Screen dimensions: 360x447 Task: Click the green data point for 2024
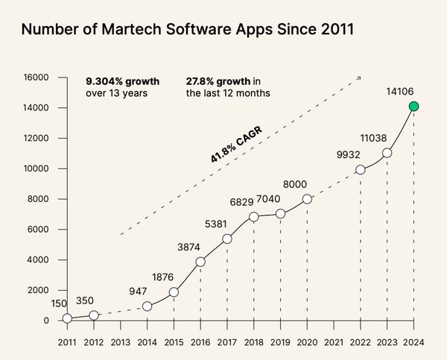tap(413, 107)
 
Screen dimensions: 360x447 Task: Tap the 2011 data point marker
tap(67, 318)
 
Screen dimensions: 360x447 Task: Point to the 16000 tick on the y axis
tap(36, 77)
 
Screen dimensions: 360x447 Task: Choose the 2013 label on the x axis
tap(120, 341)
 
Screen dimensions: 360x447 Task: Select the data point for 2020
tap(307, 200)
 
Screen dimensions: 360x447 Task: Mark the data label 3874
tap(188, 247)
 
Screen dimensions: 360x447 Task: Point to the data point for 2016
tap(200, 262)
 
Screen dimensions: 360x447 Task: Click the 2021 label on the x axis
tap(334, 341)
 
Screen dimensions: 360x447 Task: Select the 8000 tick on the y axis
tap(38, 199)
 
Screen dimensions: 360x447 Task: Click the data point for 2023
tap(387, 153)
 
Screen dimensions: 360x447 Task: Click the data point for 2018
tap(253, 217)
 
